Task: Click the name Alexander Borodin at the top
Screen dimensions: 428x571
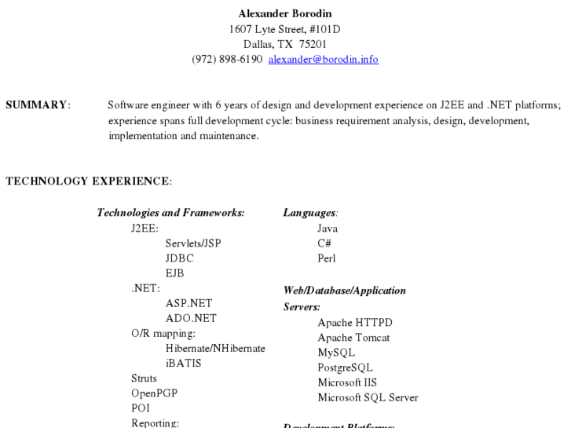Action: click(285, 13)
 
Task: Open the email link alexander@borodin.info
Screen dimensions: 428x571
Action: click(323, 59)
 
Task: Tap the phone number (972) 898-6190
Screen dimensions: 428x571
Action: click(227, 59)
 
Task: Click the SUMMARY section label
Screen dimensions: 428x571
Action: click(38, 105)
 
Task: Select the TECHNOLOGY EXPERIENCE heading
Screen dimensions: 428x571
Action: click(88, 181)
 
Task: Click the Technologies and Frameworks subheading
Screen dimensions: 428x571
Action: click(170, 212)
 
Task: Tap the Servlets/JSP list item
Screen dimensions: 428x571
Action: click(193, 243)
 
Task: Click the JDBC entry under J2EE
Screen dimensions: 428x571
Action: click(180, 258)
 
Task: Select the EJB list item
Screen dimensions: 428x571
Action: click(175, 273)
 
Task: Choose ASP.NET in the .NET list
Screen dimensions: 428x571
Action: click(189, 302)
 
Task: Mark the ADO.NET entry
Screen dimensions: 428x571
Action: click(191, 317)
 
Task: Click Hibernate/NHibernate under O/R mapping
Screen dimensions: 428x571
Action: click(215, 348)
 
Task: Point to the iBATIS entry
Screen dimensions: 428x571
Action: click(184, 363)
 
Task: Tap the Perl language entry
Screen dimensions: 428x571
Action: click(327, 258)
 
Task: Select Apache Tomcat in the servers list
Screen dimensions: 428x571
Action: click(353, 337)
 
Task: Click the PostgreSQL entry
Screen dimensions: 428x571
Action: click(345, 367)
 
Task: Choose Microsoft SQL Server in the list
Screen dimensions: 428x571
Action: click(368, 397)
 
